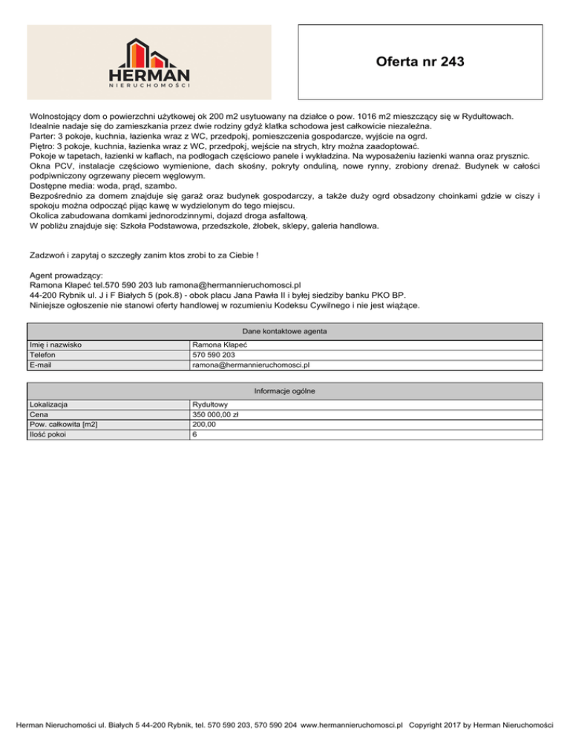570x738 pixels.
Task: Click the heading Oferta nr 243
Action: pos(420,62)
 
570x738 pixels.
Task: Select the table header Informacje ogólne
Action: pos(285,391)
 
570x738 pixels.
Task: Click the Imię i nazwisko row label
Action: pos(56,345)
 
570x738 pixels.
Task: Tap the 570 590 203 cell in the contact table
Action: pos(214,355)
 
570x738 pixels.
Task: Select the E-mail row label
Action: pos(42,365)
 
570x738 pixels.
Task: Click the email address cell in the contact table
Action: pos(250,365)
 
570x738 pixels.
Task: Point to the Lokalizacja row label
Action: pos(49,405)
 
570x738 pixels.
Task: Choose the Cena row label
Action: pos(39,415)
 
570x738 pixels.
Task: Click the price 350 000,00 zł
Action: pos(220,415)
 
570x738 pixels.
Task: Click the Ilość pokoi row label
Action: pos(46,434)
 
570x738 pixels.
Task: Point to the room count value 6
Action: pos(194,434)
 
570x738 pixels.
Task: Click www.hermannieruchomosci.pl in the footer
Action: pos(353,722)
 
